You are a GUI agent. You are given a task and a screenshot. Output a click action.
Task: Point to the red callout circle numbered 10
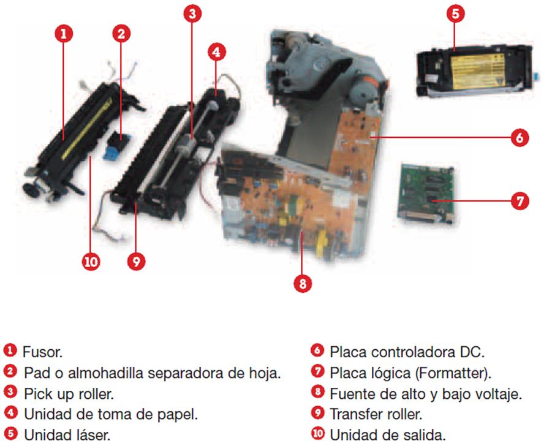[x=91, y=262]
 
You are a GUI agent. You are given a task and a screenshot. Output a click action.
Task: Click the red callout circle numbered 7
[x=520, y=201]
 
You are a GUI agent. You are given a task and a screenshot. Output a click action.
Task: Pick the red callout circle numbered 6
[x=520, y=137]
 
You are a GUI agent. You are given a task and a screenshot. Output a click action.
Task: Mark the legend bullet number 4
[x=10, y=414]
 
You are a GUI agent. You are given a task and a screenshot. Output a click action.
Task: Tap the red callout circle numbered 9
[x=136, y=262]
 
